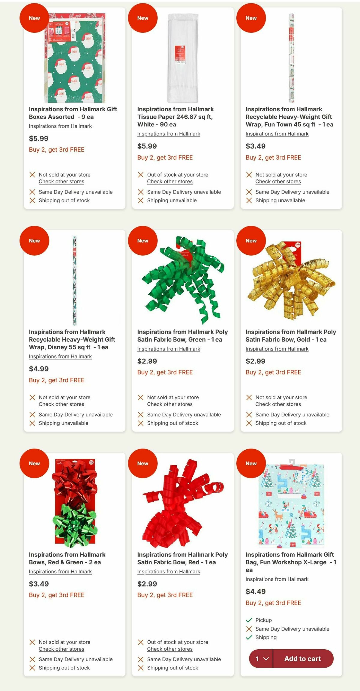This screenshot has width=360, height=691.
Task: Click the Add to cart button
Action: [303, 659]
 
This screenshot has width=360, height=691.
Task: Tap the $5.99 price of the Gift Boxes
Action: [39, 138]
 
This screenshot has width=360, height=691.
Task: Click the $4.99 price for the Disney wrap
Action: [39, 369]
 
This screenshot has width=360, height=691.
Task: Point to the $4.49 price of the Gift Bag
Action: [256, 591]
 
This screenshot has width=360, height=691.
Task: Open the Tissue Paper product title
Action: [175, 117]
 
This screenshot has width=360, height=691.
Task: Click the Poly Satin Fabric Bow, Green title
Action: [182, 336]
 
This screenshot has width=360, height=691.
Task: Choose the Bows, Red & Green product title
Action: [67, 558]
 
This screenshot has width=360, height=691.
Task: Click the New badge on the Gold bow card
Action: [251, 241]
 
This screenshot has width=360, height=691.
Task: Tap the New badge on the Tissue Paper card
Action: [143, 18]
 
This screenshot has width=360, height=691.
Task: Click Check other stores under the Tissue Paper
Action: [170, 182]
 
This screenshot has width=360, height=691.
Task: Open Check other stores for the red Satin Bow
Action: [170, 649]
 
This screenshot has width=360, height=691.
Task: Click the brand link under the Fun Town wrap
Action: [277, 134]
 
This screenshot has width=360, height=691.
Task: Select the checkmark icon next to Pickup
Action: [249, 620]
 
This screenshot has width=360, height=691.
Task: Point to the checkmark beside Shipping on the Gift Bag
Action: [249, 637]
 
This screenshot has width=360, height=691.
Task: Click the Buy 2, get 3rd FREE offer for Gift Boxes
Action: [57, 150]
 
